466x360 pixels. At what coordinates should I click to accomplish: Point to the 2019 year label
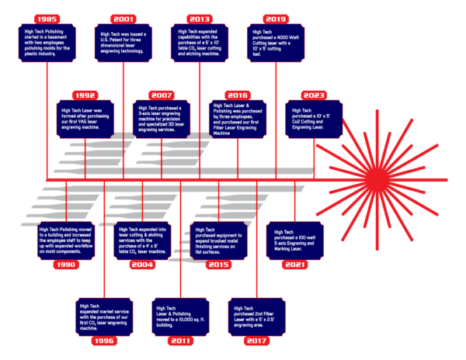click(275, 19)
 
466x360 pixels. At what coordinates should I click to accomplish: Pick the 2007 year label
click(162, 95)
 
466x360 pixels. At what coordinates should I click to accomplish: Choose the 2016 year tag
click(238, 95)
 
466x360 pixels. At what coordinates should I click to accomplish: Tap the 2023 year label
click(314, 95)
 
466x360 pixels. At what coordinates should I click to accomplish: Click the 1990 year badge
click(66, 265)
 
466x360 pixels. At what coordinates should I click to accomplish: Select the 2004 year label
click(142, 265)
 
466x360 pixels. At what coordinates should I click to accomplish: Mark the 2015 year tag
click(218, 265)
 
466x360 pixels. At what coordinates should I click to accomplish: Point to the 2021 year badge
click(294, 265)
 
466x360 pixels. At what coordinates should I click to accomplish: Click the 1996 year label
click(104, 341)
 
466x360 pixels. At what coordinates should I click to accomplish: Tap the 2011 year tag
click(180, 341)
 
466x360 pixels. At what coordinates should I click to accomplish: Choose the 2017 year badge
click(256, 341)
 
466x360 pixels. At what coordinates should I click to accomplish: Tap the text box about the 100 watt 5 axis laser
click(294, 240)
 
